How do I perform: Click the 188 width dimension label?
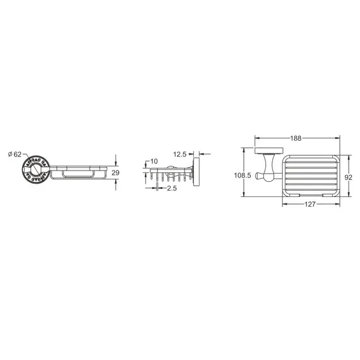[x=296, y=138]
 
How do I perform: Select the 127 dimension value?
[x=310, y=204]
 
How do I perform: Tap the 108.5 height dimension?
[x=243, y=176]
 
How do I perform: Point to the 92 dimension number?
[x=348, y=177]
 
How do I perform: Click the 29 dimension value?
[x=115, y=172]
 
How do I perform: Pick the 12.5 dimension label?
[x=180, y=154]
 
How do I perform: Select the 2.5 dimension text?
[x=172, y=188]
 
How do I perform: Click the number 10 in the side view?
[x=154, y=162]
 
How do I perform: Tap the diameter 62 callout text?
[x=15, y=154]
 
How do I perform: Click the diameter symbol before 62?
[x=10, y=154]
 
